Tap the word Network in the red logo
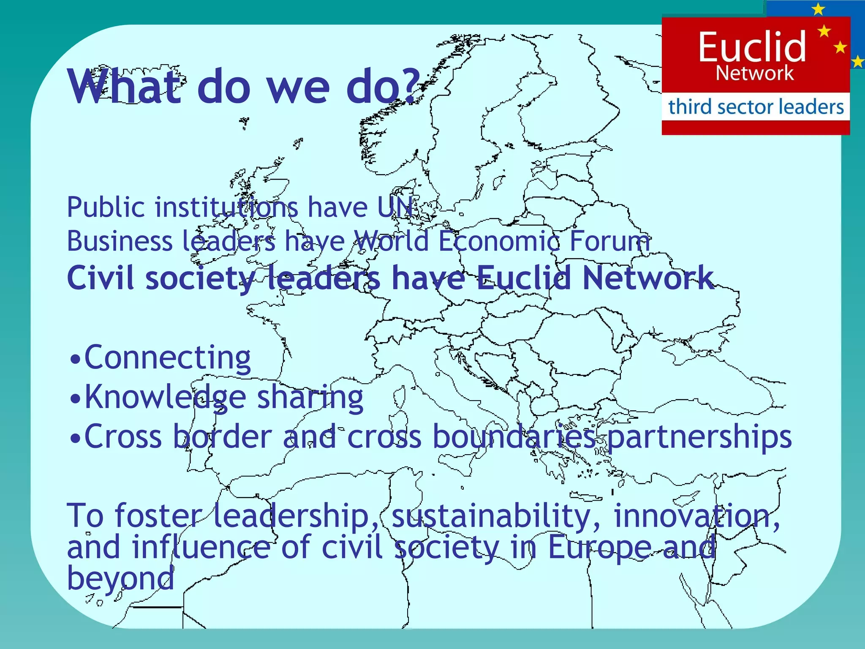pyautogui.click(x=755, y=74)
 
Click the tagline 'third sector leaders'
pyautogui.click(x=756, y=106)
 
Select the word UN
pyautogui.click(x=395, y=207)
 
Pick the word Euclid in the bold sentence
pyautogui.click(x=524, y=278)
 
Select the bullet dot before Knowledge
pyautogui.click(x=75, y=399)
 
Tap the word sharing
pyautogui.click(x=310, y=398)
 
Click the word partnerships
pyautogui.click(x=699, y=437)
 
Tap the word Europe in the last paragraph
pyautogui.click(x=600, y=548)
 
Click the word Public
pyautogui.click(x=106, y=207)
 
